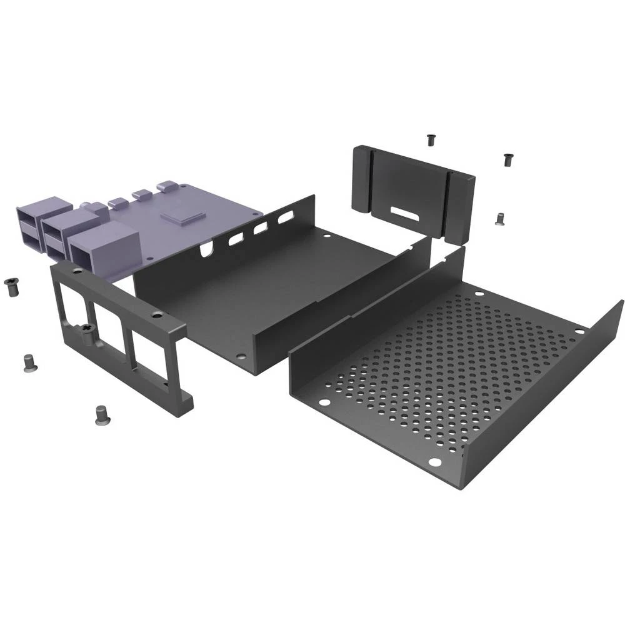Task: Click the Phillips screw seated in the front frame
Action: tap(88, 329)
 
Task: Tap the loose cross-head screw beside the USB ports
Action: tap(11, 286)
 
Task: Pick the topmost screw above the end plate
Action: tap(431, 140)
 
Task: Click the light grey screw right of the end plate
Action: tap(499, 218)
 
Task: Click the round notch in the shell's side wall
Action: tap(204, 251)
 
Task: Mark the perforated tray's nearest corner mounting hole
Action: tap(434, 462)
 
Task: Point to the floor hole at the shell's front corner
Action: tap(241, 357)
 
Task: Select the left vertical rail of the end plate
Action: tap(362, 178)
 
